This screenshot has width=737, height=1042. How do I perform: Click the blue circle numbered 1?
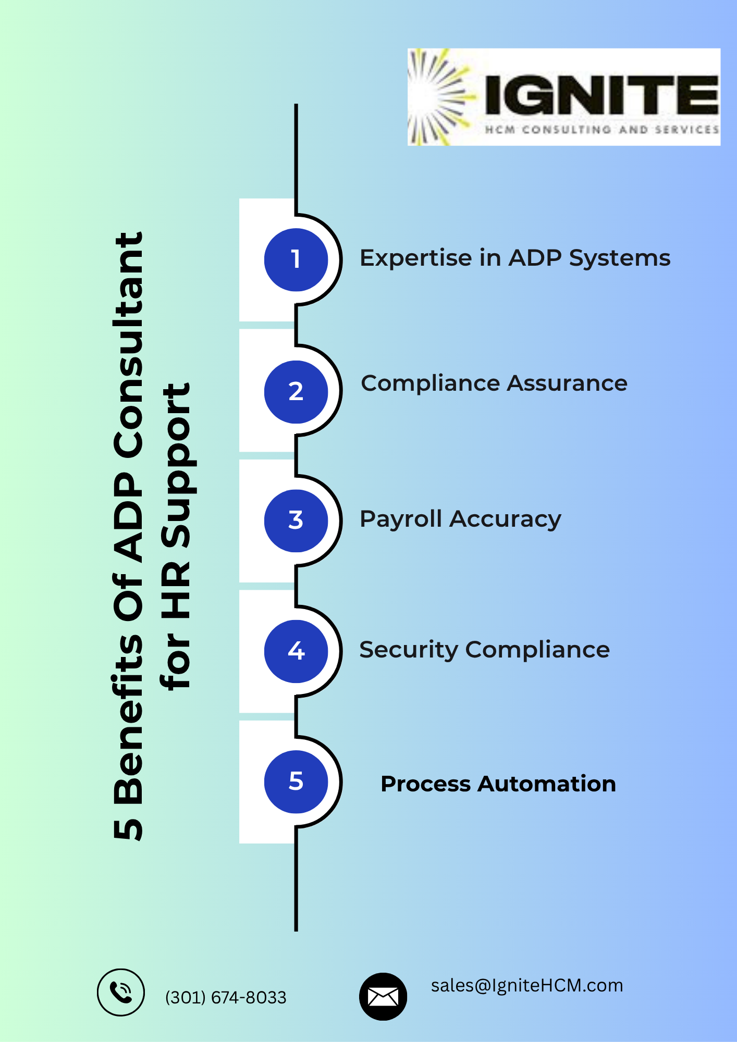pos(296,259)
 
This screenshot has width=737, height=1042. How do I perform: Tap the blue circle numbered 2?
pos(296,392)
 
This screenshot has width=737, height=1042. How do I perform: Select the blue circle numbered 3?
pos(296,520)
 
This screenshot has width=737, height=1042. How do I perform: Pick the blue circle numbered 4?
pos(296,651)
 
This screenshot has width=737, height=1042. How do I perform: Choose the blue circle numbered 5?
pos(296,781)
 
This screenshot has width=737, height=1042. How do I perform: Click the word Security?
pos(408,650)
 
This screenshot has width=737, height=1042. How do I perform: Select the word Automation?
pos(547,784)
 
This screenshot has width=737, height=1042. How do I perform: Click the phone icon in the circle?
pos(121,993)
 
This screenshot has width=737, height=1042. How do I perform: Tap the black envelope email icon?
pos(383,997)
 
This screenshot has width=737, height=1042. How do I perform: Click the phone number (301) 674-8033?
pos(226,997)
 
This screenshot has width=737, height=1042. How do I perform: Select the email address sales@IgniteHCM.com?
pos(527,986)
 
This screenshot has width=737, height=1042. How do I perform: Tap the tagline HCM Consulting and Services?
pos(601,129)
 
